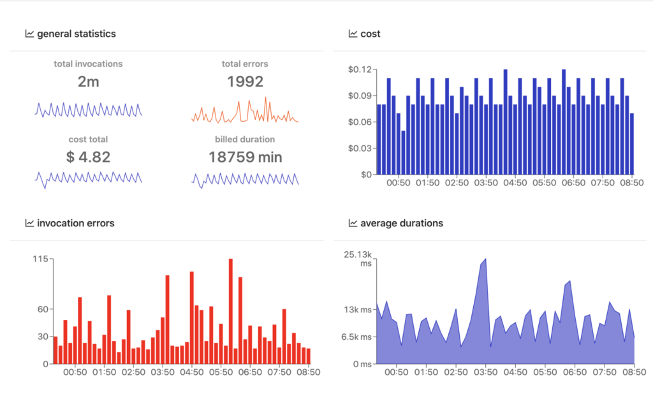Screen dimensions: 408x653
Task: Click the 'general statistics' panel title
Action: point(77,34)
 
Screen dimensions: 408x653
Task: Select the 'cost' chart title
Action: point(370,34)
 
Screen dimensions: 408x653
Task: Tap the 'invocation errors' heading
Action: point(76,223)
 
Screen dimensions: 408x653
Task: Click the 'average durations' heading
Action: point(401,223)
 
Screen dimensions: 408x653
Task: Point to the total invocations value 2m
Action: point(88,82)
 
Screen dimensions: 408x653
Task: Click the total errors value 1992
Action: point(245,82)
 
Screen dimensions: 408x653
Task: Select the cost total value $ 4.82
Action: point(88,157)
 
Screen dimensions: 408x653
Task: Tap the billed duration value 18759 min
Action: point(245,157)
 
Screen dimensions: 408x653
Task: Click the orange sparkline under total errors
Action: point(245,112)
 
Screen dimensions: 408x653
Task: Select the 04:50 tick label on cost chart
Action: point(514,182)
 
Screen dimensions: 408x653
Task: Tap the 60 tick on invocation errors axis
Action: point(42,309)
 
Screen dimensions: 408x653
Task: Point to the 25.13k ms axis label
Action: point(357,259)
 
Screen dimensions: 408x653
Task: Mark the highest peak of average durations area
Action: point(485,259)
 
